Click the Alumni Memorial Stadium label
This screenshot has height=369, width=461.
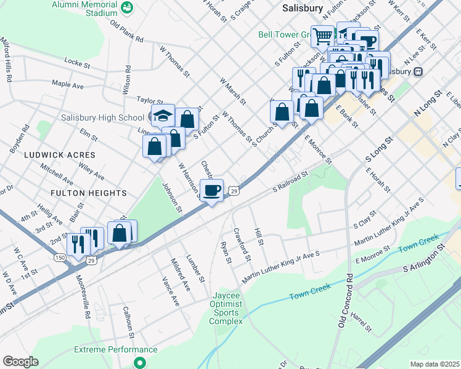click(84, 7)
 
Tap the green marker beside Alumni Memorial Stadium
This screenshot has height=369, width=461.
click(128, 7)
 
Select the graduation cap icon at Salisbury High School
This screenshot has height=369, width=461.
click(163, 115)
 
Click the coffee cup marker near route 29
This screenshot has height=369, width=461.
click(211, 190)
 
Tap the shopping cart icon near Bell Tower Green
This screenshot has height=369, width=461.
click(322, 36)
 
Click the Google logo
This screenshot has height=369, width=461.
click(20, 362)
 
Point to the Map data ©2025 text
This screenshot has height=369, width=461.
click(434, 364)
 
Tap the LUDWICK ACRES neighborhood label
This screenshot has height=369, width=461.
click(60, 155)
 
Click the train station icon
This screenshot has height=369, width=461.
click(418, 71)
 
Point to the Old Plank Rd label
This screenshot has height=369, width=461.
click(126, 31)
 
